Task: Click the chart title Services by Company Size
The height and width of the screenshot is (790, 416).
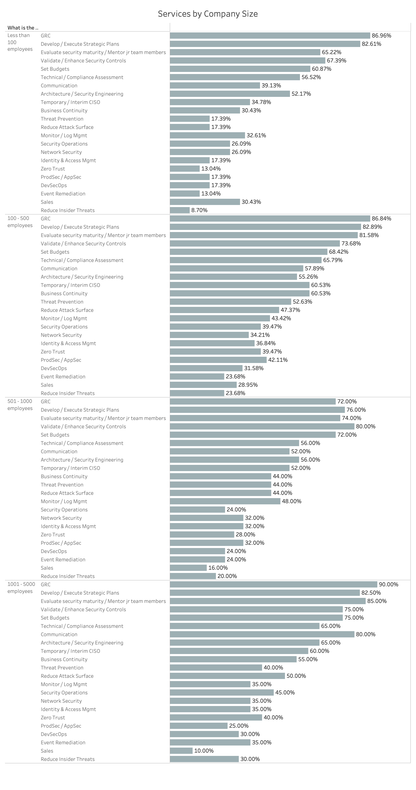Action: point(208,14)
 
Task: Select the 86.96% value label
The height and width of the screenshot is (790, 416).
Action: point(381,36)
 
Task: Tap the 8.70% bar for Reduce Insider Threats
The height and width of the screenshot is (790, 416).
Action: point(180,210)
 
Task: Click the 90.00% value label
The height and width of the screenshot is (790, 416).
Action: point(388,585)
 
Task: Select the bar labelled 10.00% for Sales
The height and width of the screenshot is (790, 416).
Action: point(181,751)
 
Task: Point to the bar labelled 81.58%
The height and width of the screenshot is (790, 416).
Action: point(264,235)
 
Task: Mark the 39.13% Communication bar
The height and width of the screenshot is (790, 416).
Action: point(215,86)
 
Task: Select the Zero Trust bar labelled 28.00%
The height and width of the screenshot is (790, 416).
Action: point(202,534)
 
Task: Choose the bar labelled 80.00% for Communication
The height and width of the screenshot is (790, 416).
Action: point(262,634)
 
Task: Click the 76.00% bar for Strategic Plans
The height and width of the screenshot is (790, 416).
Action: point(257,410)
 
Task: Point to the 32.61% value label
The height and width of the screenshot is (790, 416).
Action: point(256,135)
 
